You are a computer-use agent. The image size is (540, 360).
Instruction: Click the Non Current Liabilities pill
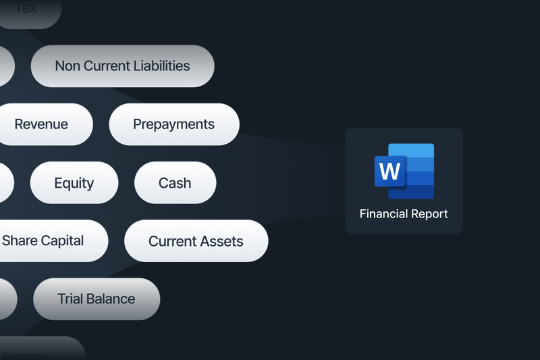(122, 66)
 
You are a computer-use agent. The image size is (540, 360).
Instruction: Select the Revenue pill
(42, 124)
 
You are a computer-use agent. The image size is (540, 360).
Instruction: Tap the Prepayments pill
(173, 124)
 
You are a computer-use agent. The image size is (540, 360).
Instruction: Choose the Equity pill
(74, 183)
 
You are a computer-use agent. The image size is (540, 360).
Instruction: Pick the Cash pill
(175, 183)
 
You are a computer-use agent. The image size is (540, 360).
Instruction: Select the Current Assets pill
(196, 241)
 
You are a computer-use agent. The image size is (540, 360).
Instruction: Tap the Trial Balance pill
(96, 299)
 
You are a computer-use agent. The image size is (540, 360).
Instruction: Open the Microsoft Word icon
(404, 171)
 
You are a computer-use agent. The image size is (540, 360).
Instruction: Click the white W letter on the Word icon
(389, 172)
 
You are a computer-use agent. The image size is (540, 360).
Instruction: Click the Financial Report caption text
(404, 214)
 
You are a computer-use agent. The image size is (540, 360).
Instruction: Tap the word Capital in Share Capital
(63, 240)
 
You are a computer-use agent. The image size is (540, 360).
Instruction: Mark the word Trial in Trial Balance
(70, 299)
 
